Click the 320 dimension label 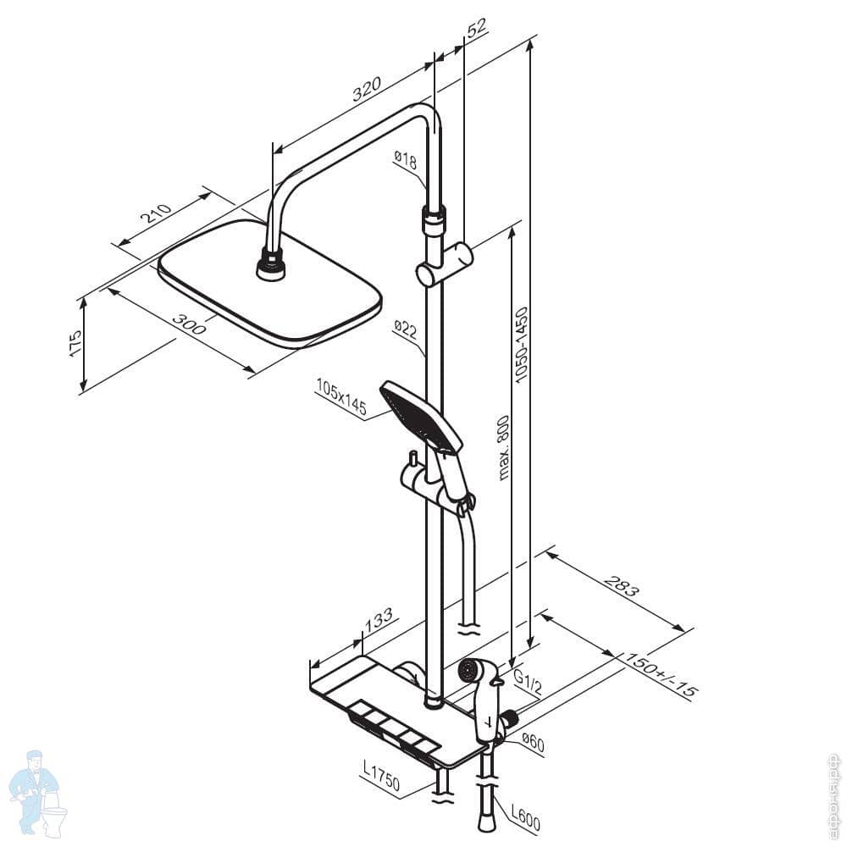(x=368, y=89)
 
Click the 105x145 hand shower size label (x=340, y=398)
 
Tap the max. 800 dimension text (x=503, y=447)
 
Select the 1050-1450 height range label (x=523, y=343)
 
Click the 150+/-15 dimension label (x=661, y=675)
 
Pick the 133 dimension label (x=379, y=619)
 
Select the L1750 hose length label (x=380, y=775)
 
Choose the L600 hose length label (x=524, y=818)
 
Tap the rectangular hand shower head (x=422, y=416)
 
